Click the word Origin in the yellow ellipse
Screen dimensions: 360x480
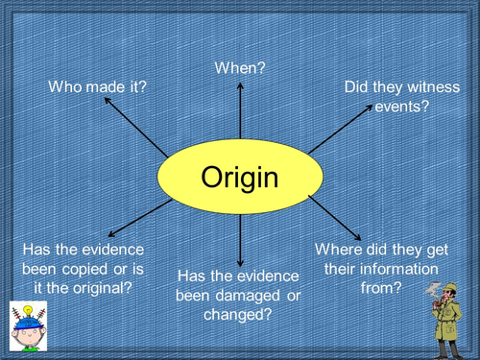(x=239, y=178)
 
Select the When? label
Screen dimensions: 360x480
(x=240, y=68)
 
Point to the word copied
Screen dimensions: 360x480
(x=87, y=270)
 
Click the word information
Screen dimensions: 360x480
(x=397, y=269)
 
